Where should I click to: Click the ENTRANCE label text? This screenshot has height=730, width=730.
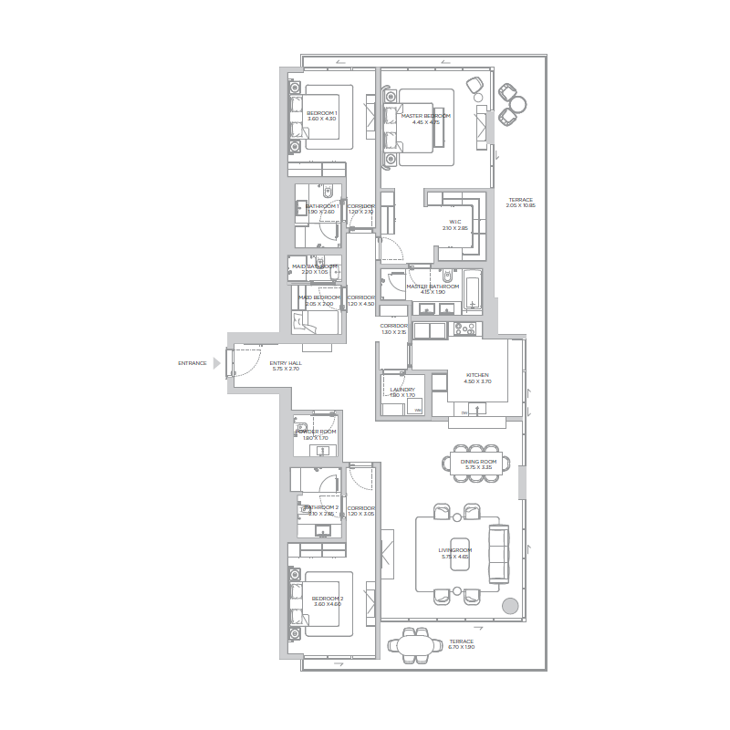click(193, 363)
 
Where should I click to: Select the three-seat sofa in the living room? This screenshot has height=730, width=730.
click(499, 554)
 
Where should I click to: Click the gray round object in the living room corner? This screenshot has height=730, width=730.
click(510, 605)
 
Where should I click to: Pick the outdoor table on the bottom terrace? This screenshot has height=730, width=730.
click(413, 645)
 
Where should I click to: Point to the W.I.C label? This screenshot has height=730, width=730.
click(454, 224)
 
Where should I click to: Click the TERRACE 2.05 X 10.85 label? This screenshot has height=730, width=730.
click(520, 203)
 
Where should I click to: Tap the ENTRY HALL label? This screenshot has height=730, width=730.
click(286, 365)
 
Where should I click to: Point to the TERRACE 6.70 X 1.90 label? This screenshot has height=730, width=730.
click(461, 644)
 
